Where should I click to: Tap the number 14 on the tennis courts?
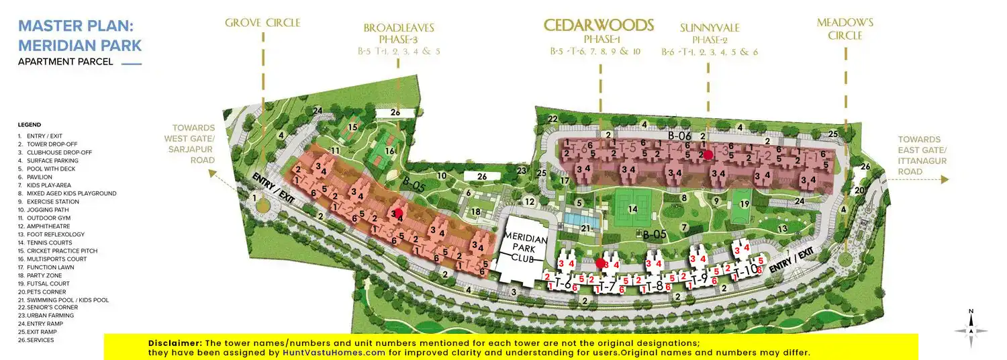coord(632,209)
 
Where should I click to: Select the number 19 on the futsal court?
coord(744,204)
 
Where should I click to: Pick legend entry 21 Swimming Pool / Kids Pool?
coord(63,300)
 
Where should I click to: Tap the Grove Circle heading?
coord(262,23)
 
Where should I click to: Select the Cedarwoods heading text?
coord(598,26)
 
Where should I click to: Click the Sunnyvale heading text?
coord(710,28)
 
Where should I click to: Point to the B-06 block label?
coord(679,136)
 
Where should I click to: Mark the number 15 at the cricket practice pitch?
coord(352,126)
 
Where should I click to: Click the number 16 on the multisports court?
coord(389,151)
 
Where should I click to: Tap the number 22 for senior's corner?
coord(553,119)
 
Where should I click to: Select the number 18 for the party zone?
coord(475,212)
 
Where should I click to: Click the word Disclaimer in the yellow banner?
coord(175,343)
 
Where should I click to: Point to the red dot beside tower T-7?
coord(600,263)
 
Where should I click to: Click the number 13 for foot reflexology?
coord(782,228)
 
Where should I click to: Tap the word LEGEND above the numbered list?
coord(30,125)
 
